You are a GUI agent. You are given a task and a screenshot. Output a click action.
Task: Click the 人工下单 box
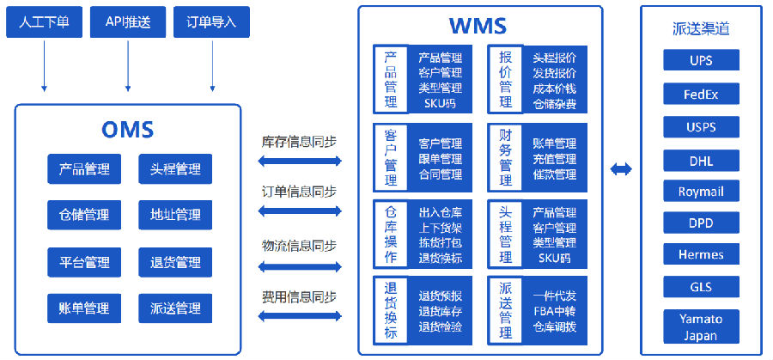click(x=44, y=21)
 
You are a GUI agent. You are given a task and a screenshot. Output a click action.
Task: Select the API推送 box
click(x=128, y=21)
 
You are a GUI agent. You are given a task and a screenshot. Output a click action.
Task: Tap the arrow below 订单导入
click(x=212, y=66)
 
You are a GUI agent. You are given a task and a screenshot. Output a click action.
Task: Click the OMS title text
click(x=128, y=129)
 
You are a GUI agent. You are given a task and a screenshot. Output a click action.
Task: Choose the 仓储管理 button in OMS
click(x=84, y=215)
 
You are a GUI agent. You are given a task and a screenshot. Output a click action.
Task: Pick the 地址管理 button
click(x=175, y=215)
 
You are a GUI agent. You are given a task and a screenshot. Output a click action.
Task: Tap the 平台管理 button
click(x=84, y=261)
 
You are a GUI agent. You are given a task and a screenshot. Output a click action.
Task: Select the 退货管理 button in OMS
click(x=175, y=261)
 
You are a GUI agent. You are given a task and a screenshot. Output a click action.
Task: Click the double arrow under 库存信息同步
click(x=300, y=161)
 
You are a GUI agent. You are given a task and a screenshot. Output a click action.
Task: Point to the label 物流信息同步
click(x=299, y=245)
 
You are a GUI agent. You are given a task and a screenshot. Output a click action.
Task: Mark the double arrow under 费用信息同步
click(x=300, y=316)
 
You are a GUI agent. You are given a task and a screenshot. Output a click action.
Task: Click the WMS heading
click(x=478, y=25)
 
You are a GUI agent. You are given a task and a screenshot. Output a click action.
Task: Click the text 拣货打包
click(x=441, y=242)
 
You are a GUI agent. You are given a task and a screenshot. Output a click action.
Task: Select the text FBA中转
click(x=555, y=311)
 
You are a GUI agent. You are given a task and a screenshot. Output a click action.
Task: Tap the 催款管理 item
click(x=555, y=174)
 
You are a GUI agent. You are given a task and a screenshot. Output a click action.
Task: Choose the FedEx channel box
click(x=701, y=94)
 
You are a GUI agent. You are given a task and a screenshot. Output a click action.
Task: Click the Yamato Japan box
click(x=701, y=326)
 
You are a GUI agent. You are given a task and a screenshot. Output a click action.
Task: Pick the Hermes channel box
click(x=701, y=254)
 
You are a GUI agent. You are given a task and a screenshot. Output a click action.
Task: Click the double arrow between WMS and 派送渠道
click(x=621, y=169)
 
